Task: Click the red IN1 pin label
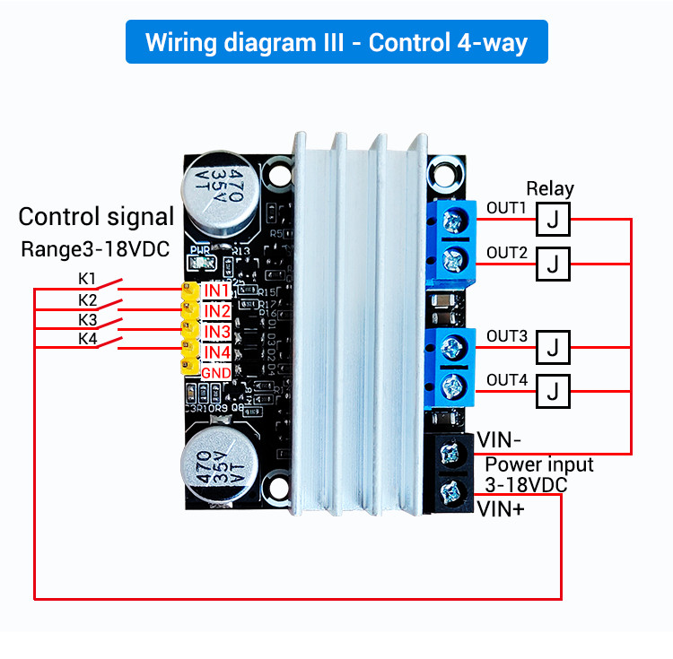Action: click(x=217, y=290)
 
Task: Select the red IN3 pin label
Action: click(x=217, y=332)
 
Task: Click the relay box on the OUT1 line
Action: click(x=554, y=218)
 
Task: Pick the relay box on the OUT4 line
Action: click(x=554, y=390)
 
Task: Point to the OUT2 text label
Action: click(x=507, y=253)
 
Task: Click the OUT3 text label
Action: click(x=507, y=336)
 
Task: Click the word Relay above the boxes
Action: click(x=550, y=188)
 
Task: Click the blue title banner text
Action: click(x=336, y=42)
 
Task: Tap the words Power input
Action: click(x=539, y=464)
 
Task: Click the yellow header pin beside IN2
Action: click(x=189, y=311)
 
